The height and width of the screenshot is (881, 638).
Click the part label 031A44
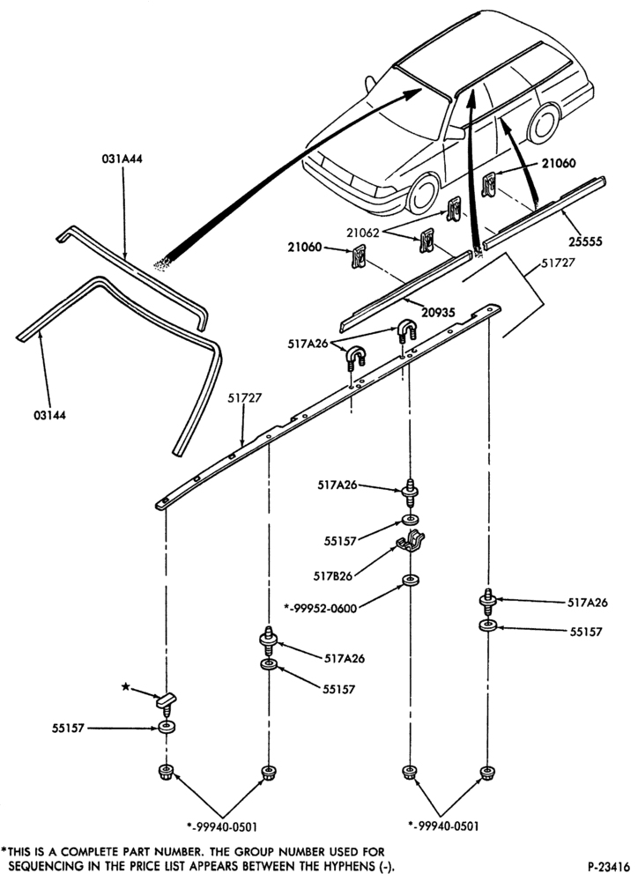tap(122, 159)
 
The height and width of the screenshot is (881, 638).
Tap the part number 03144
tap(48, 415)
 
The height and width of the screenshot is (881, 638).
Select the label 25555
tap(584, 241)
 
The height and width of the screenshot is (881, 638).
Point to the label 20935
tap(439, 313)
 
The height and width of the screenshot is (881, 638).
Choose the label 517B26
tap(333, 576)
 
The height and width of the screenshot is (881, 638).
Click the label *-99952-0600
tap(320, 607)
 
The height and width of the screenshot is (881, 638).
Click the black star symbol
tap(127, 686)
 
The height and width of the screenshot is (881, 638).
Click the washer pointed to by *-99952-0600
tap(411, 580)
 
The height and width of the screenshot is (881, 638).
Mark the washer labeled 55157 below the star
tap(167, 729)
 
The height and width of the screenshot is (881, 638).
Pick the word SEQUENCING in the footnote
tap(41, 865)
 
